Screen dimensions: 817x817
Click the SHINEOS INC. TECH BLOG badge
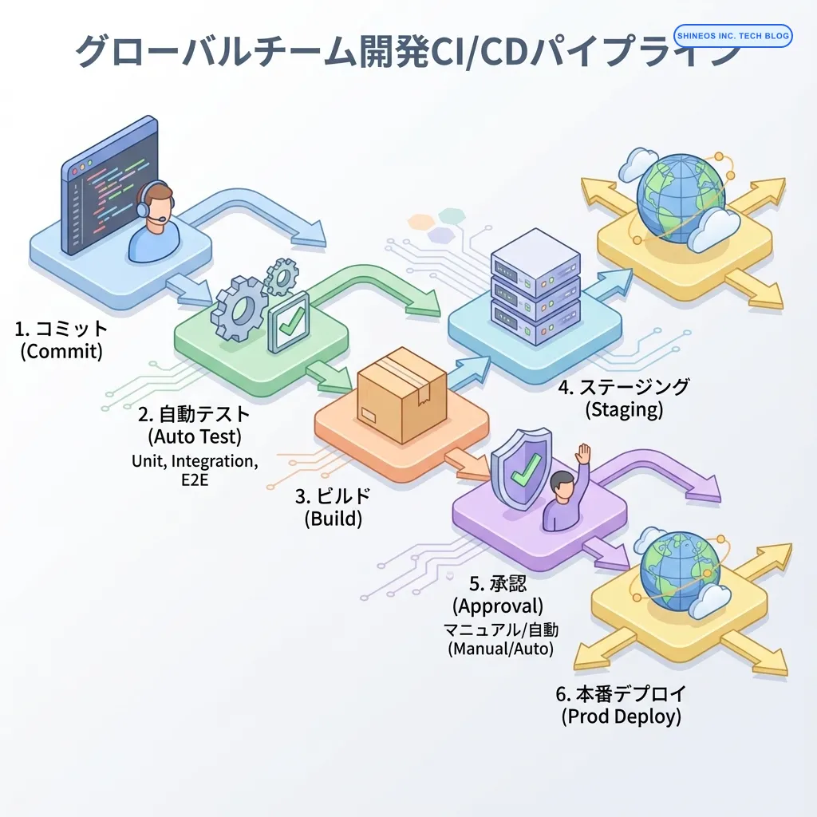click(732, 36)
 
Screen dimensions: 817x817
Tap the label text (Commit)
click(61, 351)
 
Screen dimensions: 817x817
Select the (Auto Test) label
click(195, 437)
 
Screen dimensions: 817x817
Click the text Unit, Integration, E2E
click(195, 470)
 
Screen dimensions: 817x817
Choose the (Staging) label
click(624, 410)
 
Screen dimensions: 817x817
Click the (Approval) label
click(498, 605)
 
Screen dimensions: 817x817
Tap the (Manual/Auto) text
click(500, 648)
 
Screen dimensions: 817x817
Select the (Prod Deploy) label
click(622, 716)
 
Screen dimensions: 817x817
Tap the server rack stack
click(535, 287)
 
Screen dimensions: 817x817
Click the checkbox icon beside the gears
click(289, 322)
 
